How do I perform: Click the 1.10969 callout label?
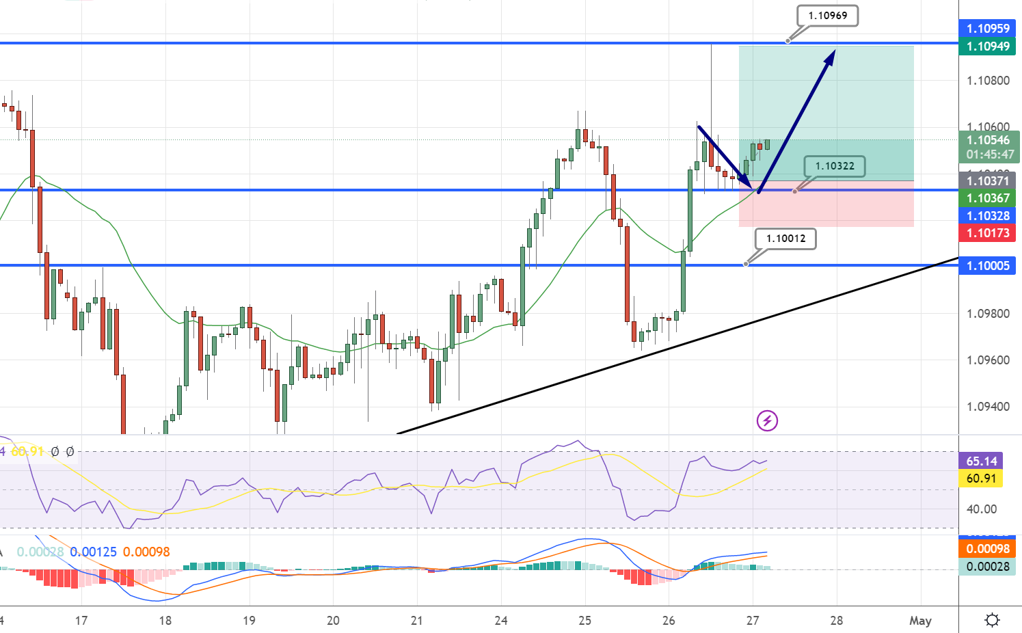(x=827, y=16)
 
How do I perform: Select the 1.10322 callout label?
(x=835, y=166)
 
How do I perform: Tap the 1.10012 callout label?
(x=785, y=239)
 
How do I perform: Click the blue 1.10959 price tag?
(x=988, y=29)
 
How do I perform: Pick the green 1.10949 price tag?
(x=988, y=46)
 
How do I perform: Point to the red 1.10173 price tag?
(x=988, y=233)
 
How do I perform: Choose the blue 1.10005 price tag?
(x=988, y=266)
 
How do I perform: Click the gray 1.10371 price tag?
(x=988, y=181)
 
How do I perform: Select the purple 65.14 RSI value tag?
(x=981, y=461)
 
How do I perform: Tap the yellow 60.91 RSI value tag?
(x=981, y=479)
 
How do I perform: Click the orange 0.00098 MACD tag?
(x=988, y=549)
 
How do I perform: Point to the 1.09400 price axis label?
(x=988, y=407)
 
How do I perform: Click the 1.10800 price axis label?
(x=988, y=81)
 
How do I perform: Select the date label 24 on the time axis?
(x=501, y=621)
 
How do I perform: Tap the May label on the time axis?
(x=920, y=621)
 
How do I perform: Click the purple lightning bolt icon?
(x=767, y=420)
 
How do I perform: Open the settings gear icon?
(x=992, y=620)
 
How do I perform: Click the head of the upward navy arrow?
(x=831, y=55)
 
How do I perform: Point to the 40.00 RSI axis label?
(x=982, y=509)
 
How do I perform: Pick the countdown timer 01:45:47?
(x=990, y=154)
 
